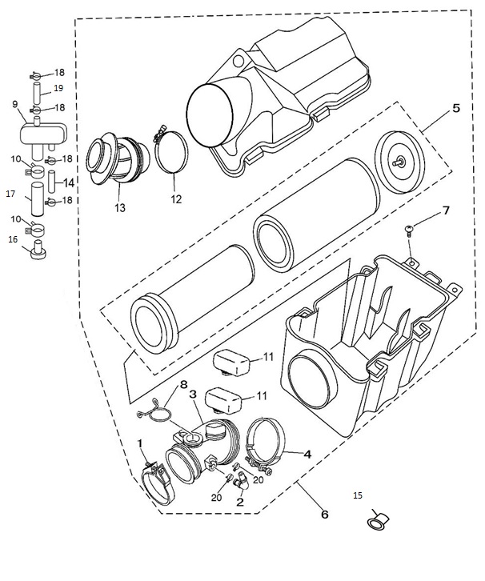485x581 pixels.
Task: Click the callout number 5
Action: click(455, 108)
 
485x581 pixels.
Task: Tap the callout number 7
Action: click(446, 211)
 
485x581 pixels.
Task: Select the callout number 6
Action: click(324, 515)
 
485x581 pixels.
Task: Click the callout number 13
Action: click(120, 208)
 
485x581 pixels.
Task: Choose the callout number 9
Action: click(15, 103)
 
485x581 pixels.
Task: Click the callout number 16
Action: click(13, 238)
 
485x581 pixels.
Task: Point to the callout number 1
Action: click(140, 443)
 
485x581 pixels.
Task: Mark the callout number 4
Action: click(307, 452)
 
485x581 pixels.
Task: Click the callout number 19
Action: click(58, 88)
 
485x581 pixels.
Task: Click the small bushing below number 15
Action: click(375, 523)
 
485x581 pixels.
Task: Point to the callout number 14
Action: click(70, 182)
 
